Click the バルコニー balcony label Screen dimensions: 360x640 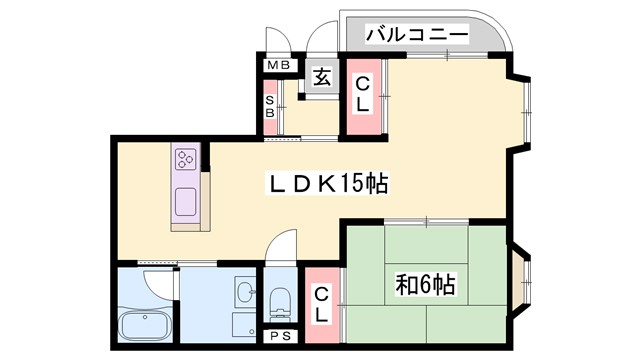pyautogui.click(x=417, y=34)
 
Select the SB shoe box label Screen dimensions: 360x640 pyautogui.click(x=270, y=105)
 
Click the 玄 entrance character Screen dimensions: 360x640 pyautogui.click(x=321, y=77)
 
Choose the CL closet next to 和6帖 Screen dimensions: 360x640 pyautogui.click(x=321, y=304)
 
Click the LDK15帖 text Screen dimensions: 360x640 pyautogui.click(x=327, y=184)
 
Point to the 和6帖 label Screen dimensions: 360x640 pyautogui.click(x=426, y=285)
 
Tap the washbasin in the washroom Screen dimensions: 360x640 pyautogui.click(x=245, y=293)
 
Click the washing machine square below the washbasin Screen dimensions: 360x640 pyautogui.click(x=244, y=324)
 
